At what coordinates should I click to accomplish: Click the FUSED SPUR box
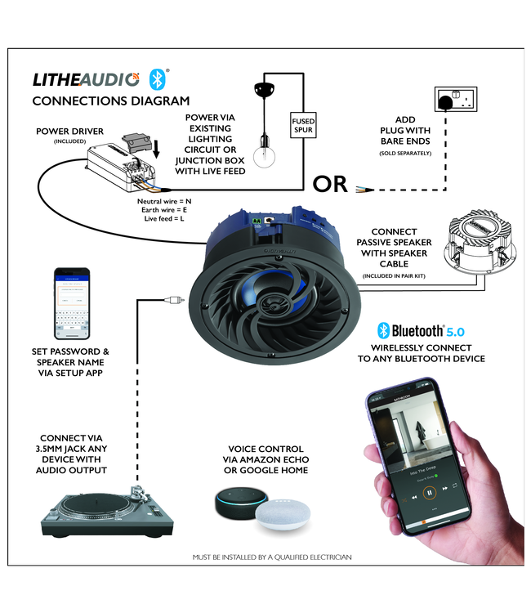[303, 126]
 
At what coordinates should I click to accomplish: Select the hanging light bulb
[264, 154]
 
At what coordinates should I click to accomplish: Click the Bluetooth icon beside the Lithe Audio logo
[157, 78]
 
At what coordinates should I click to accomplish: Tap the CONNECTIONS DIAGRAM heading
[110, 101]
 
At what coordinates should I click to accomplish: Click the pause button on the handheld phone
[430, 492]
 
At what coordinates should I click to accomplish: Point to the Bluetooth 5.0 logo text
[420, 330]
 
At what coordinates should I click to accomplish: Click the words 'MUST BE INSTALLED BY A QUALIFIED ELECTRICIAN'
[272, 557]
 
